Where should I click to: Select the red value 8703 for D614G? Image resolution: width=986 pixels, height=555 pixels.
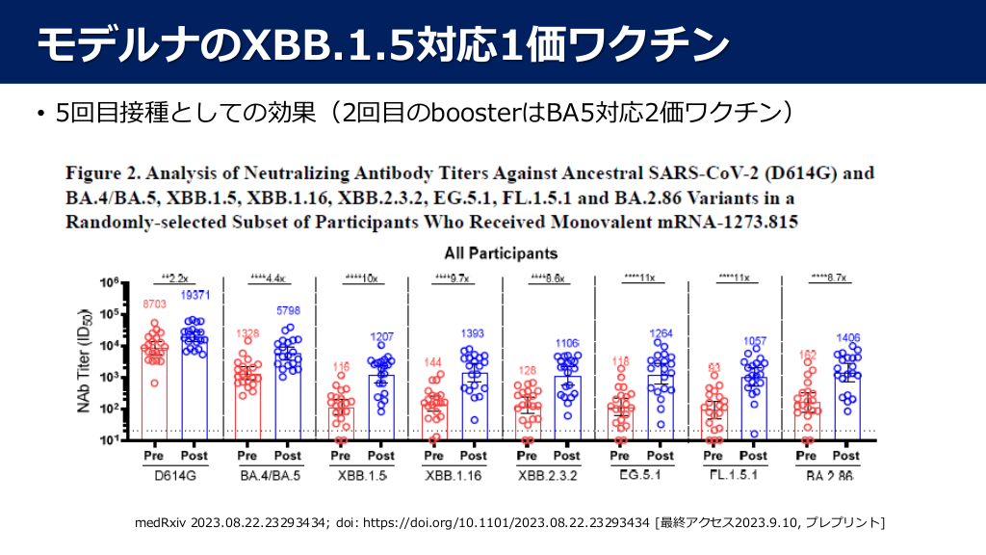[155, 304]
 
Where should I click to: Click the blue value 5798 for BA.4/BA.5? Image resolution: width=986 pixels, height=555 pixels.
[289, 312]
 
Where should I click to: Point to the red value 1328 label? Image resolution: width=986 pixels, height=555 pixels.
[248, 333]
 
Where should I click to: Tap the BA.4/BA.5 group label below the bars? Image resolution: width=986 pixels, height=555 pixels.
[267, 476]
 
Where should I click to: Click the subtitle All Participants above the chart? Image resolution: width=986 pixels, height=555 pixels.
[501, 254]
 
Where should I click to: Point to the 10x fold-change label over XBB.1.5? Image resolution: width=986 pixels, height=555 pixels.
[360, 277]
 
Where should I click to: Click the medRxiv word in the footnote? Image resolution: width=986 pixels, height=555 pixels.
[164, 523]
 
